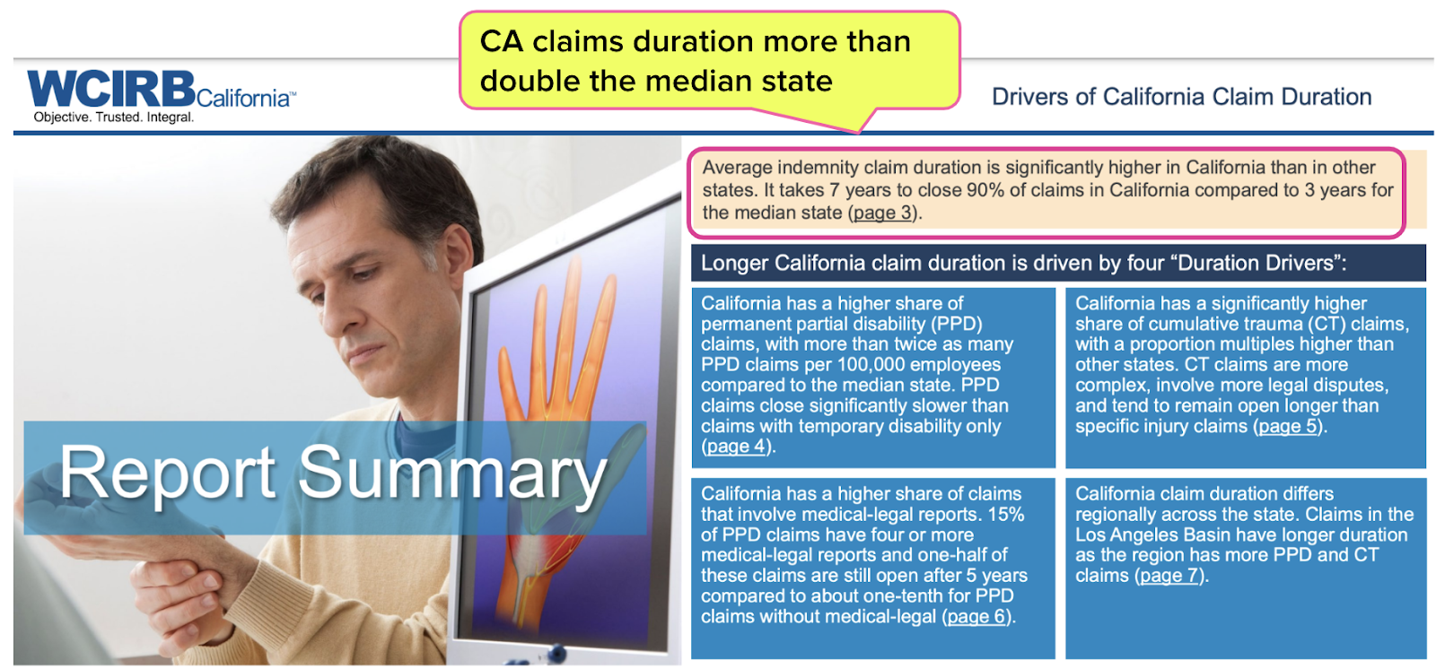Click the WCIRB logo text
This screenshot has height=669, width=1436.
tap(111, 89)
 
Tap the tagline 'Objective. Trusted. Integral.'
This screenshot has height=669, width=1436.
tap(113, 117)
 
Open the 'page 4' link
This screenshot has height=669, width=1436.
tap(736, 446)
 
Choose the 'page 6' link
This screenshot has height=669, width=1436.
tap(976, 616)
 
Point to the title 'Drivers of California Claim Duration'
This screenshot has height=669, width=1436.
tap(1181, 97)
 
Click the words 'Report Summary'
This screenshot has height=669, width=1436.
tap(333, 474)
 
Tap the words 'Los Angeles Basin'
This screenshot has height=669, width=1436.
tap(1150, 535)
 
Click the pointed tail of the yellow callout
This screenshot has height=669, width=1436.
tap(858, 132)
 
